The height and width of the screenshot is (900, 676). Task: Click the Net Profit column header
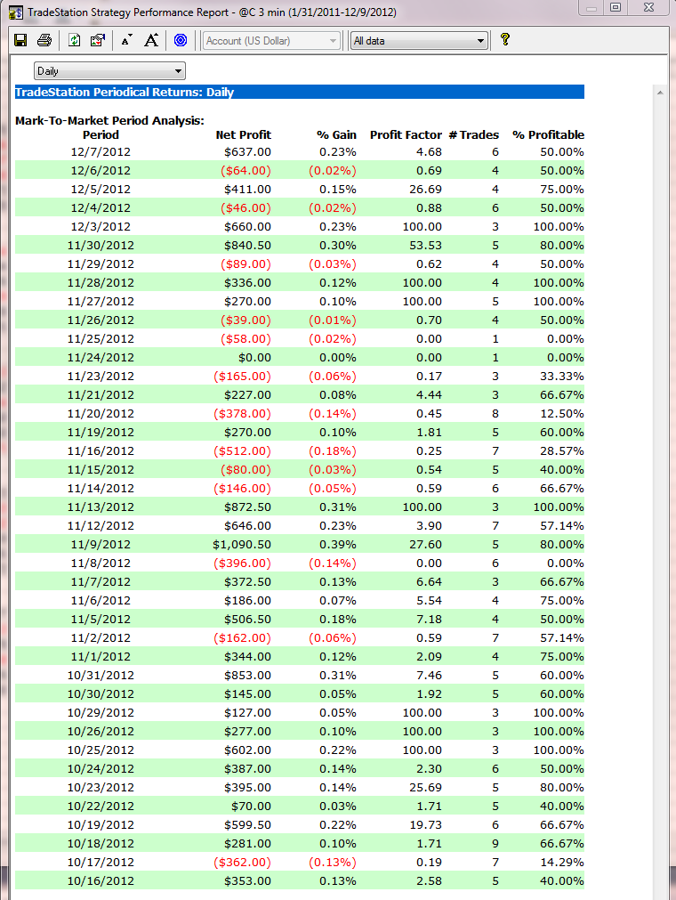click(x=243, y=134)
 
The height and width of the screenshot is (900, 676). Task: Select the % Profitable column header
click(x=548, y=134)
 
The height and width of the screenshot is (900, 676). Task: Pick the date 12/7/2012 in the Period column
click(x=101, y=151)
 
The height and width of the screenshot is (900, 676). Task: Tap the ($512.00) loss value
click(x=243, y=450)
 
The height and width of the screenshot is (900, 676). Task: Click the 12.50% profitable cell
click(x=560, y=413)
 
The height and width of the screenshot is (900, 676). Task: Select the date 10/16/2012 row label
click(x=101, y=880)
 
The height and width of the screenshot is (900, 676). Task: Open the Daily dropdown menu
click(x=109, y=70)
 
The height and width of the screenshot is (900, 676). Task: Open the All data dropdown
click(x=419, y=40)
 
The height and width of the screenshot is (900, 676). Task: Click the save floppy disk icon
click(x=20, y=40)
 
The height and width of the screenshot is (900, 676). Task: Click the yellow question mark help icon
click(x=505, y=39)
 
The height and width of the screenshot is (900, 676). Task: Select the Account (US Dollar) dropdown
click(x=271, y=40)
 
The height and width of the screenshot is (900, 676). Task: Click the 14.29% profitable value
click(x=560, y=862)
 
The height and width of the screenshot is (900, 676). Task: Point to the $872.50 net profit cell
click(x=246, y=507)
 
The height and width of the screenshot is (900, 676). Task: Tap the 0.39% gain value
click(x=337, y=544)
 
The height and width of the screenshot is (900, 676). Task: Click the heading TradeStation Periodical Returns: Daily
click(x=125, y=92)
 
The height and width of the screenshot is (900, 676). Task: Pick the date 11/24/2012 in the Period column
click(x=101, y=357)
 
